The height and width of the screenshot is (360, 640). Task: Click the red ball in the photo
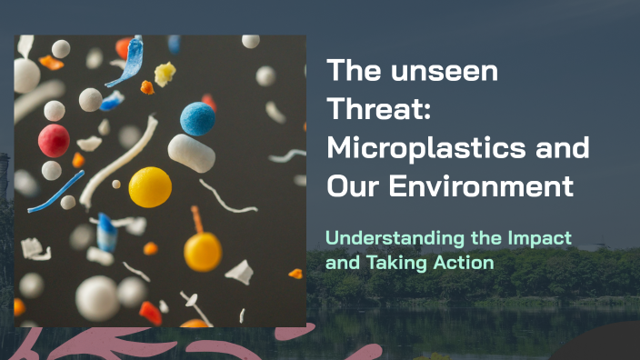coord(54,140)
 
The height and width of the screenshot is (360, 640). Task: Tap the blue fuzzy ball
coord(197,118)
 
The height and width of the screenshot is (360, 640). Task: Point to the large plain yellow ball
coord(150,186)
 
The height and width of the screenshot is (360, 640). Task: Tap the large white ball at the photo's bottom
coord(97,297)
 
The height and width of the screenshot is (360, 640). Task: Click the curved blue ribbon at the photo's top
coord(126,63)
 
